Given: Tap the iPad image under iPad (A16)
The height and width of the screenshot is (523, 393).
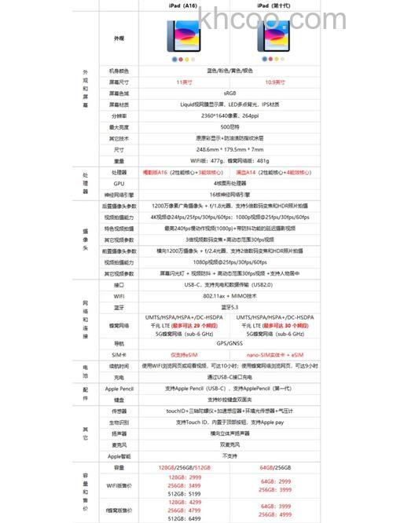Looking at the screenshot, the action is click(182, 37).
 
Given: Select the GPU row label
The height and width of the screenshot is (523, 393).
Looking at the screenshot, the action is click(119, 182).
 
